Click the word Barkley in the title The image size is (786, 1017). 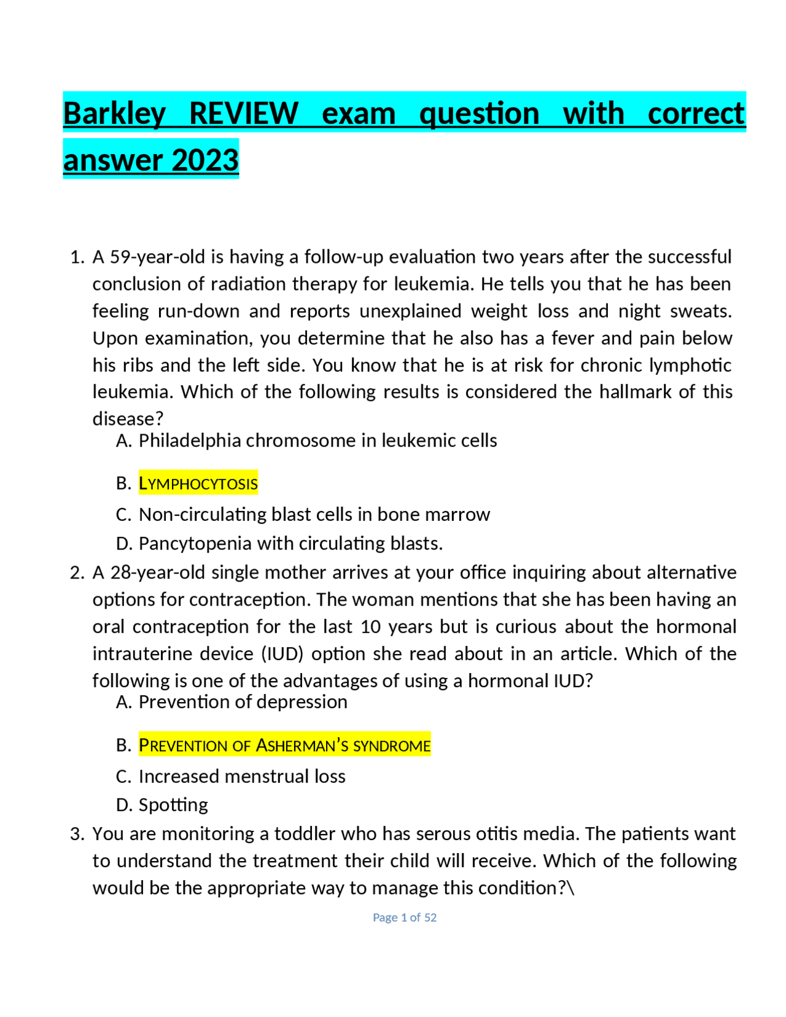[114, 114]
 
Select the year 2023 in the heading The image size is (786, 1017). [205, 160]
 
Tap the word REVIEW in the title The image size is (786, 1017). [243, 114]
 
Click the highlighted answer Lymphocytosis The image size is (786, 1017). [198, 483]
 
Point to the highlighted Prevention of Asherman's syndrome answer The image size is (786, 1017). [284, 745]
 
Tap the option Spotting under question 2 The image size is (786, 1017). [173, 805]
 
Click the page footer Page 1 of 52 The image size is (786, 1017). [405, 917]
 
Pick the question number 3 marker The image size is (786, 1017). [76, 833]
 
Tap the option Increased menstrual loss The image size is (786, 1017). [242, 776]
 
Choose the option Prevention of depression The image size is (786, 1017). [243, 701]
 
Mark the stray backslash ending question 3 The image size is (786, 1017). [571, 888]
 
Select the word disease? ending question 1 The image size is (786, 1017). [128, 419]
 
